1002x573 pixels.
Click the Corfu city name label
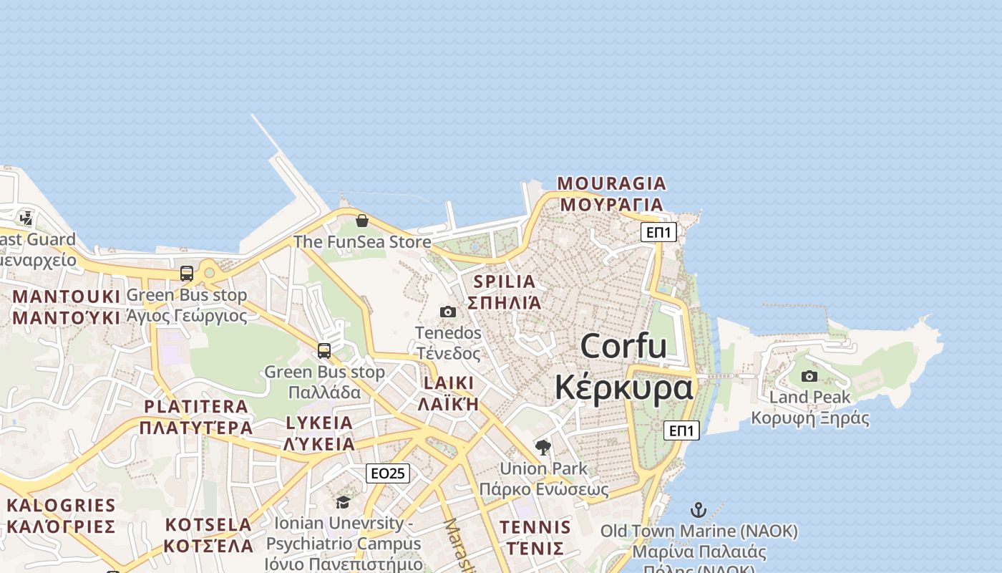623,347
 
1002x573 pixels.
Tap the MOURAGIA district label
612,184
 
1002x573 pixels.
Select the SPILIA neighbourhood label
505,281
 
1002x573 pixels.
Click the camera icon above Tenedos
448,312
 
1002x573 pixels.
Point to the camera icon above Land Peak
809,376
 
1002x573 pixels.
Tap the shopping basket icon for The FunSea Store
362,221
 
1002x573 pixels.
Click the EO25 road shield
388,473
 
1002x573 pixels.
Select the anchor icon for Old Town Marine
698,510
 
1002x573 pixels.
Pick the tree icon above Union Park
543,448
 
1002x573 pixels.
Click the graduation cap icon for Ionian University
344,502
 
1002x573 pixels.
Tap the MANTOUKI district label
67,296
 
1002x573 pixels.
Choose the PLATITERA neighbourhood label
196,407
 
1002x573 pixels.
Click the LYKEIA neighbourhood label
319,423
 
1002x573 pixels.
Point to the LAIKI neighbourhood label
449,382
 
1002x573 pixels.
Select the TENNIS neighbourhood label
535,528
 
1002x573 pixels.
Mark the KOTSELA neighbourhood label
208,524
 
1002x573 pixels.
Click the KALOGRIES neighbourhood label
61,506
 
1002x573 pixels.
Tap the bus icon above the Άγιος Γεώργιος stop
187,273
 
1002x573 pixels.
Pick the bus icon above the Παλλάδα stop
324,350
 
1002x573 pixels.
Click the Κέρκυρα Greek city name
624,388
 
